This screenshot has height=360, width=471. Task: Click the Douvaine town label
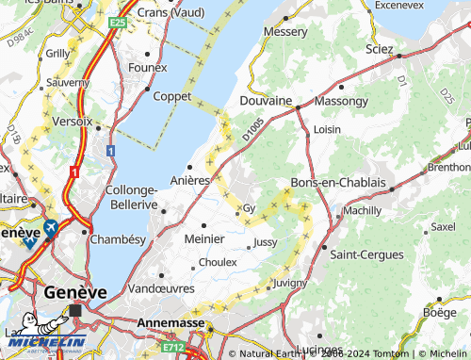(266, 100)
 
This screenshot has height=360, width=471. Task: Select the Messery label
(285, 31)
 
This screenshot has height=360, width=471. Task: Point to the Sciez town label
(380, 48)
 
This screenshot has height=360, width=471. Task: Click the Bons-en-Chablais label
(338, 182)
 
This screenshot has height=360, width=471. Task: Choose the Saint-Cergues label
(366, 254)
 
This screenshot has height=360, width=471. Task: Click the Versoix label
(73, 122)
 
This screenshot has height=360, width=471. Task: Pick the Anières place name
(190, 180)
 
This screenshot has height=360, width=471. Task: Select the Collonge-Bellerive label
(131, 196)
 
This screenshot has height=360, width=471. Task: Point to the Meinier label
(205, 238)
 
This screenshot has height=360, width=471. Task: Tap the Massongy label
(341, 100)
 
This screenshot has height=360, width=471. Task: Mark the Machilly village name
(363, 211)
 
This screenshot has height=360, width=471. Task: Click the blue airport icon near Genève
(49, 227)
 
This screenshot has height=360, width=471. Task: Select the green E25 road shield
(118, 22)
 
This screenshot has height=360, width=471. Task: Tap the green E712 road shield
(172, 347)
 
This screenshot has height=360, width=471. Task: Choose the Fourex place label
(147, 67)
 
